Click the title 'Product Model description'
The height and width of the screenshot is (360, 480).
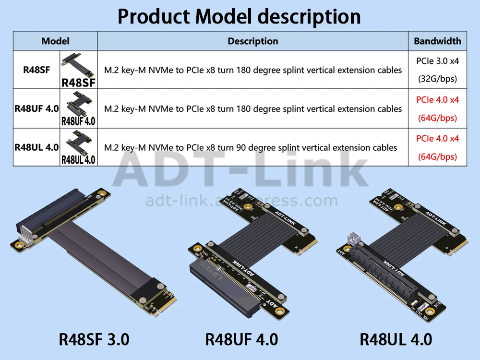(x=239, y=16)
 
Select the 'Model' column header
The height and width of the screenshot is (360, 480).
(x=55, y=41)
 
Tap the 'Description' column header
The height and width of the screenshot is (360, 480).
(x=253, y=41)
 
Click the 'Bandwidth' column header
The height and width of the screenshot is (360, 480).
(x=437, y=41)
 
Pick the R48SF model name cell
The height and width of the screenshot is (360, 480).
(x=36, y=70)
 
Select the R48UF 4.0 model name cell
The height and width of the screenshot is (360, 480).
(x=36, y=108)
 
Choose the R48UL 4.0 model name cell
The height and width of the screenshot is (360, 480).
(x=36, y=147)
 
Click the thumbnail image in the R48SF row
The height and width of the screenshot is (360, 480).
(x=78, y=70)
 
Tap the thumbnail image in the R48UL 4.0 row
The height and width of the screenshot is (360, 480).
(x=78, y=147)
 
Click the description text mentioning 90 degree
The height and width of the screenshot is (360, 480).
(x=251, y=147)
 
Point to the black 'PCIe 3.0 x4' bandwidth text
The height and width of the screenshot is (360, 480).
(x=437, y=61)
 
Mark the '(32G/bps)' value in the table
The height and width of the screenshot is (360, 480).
(x=437, y=79)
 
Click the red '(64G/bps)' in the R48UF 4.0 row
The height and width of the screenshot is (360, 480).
(x=437, y=118)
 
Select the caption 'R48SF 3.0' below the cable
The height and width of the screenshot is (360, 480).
(x=94, y=339)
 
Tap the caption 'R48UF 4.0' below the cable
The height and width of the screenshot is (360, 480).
(x=241, y=339)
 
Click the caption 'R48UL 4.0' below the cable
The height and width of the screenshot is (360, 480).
(x=396, y=339)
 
